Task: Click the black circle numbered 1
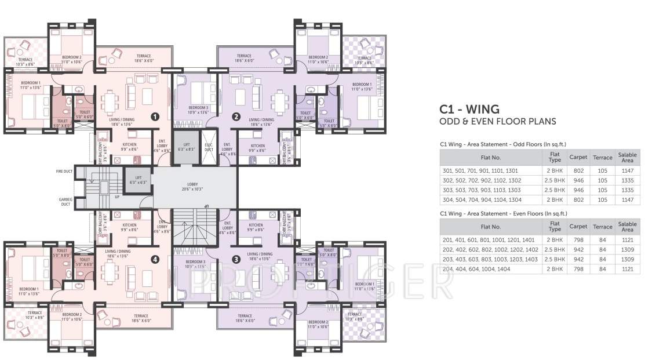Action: [155, 116]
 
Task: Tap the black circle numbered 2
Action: [236, 116]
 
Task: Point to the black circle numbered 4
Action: [155, 259]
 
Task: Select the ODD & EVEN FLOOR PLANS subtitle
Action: [497, 121]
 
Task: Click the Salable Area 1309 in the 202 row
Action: [627, 250]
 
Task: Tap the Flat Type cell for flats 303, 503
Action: [555, 190]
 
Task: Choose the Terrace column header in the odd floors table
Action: [602, 158]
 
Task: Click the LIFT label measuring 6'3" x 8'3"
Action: [186, 147]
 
